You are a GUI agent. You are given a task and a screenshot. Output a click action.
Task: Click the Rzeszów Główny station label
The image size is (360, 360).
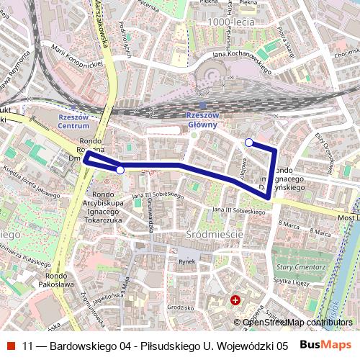[202, 120]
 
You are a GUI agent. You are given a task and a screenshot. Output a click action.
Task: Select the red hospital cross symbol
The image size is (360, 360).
[235, 300]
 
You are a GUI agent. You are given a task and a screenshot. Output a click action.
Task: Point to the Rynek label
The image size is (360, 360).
[187, 262]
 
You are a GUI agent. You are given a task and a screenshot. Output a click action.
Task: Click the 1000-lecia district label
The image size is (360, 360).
[230, 23]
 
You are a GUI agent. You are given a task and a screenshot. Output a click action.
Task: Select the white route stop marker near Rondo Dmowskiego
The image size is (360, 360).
[120, 170]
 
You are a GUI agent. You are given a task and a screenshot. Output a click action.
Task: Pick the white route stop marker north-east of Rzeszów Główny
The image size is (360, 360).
[249, 143]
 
